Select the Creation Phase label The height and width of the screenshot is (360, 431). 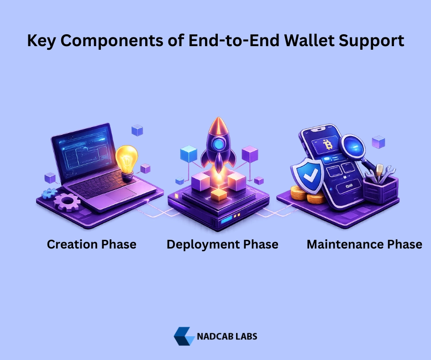[91, 244]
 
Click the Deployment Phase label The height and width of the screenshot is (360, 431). [222, 245]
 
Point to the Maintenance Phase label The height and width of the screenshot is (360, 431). [364, 244]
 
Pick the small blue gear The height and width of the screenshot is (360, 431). [49, 194]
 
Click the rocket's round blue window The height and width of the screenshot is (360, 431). [218, 144]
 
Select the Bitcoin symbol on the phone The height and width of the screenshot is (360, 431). [327, 144]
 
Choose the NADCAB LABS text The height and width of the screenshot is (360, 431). [227, 336]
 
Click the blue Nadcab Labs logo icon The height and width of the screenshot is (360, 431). [184, 336]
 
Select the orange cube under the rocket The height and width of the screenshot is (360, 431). [219, 195]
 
